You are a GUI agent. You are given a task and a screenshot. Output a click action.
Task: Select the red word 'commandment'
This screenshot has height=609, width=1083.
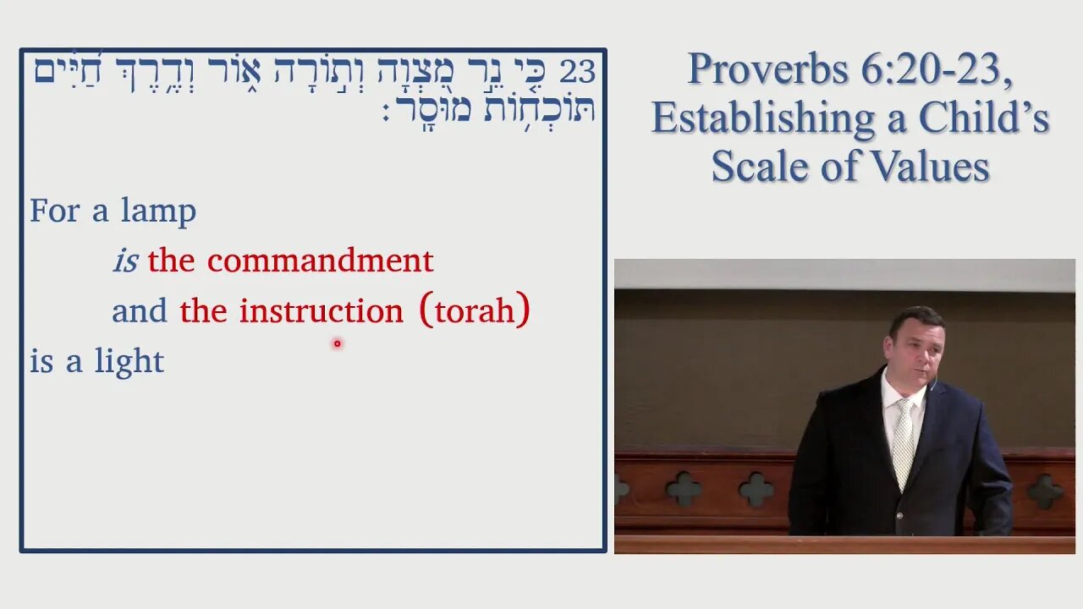[320, 261]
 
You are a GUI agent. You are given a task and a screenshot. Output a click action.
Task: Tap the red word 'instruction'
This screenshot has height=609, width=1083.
[321, 311]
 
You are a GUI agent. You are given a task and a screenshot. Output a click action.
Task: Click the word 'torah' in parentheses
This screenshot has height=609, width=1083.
[474, 311]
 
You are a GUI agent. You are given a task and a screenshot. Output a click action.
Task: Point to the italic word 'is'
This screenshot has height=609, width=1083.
[124, 261]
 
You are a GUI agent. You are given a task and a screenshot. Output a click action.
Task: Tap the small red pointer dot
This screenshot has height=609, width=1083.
[337, 343]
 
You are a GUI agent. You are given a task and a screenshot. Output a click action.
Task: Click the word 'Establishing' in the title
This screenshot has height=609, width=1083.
[762, 118]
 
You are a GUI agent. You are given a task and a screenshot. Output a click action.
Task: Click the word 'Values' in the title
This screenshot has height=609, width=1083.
[939, 166]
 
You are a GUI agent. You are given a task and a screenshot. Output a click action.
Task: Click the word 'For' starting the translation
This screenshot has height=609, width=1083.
[54, 211]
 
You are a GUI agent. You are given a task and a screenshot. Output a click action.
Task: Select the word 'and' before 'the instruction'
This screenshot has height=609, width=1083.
[140, 311]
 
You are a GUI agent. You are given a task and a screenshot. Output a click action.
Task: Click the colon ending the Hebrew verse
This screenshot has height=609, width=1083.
[386, 112]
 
